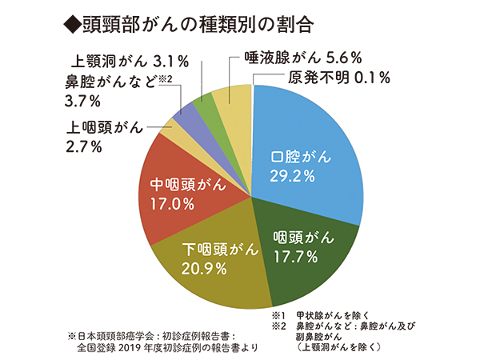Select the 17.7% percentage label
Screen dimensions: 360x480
pyautogui.click(x=294, y=256)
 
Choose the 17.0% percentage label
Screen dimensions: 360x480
pyautogui.click(x=173, y=203)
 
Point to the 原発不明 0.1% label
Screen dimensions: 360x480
pyautogui.click(x=337, y=78)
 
